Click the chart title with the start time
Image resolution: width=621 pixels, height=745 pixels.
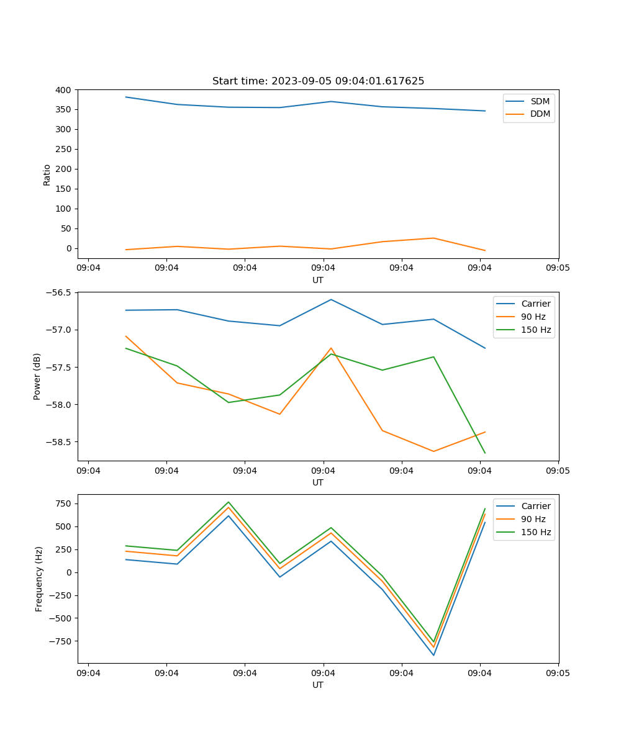[318, 81]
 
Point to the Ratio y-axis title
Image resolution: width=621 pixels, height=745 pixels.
[47, 174]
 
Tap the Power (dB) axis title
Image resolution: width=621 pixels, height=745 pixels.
[37, 376]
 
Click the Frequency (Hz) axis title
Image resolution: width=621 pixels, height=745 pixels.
[39, 579]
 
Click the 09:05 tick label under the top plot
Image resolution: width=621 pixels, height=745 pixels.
[558, 268]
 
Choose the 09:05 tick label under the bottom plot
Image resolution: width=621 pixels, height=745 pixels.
[558, 673]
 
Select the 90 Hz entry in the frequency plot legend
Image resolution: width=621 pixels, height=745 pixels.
[533, 519]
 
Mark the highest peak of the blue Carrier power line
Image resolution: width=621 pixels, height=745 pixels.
[331, 299]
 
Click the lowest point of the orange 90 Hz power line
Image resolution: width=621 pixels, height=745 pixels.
[433, 451]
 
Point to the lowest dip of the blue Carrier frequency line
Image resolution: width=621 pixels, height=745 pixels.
[433, 655]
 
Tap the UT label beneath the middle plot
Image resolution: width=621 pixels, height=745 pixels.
[318, 482]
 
